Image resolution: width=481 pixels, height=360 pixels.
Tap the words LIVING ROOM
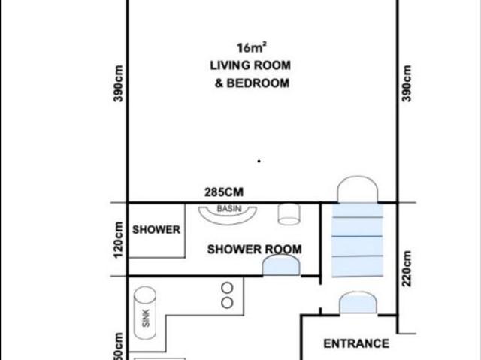[x=250, y=66]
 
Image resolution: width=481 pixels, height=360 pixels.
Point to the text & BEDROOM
[x=252, y=83]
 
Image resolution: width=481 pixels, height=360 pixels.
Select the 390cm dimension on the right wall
[x=407, y=84]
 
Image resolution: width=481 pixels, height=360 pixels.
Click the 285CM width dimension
[x=224, y=193]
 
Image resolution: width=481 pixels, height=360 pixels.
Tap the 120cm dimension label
[x=118, y=240]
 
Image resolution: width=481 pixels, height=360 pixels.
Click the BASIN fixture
[x=228, y=212]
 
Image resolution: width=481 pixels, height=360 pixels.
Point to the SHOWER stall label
[x=156, y=230]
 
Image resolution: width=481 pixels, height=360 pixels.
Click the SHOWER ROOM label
[x=255, y=249]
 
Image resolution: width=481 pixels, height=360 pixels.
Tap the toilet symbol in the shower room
[x=289, y=214]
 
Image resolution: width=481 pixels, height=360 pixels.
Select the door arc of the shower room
[x=281, y=265]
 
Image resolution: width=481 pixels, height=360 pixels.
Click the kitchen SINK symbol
[x=144, y=317]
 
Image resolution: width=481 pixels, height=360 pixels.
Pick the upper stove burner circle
[x=227, y=287]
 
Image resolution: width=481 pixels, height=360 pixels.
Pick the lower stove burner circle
[x=227, y=302]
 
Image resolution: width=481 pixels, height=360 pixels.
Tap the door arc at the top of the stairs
[x=356, y=189]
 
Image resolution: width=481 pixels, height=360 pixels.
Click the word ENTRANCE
[x=356, y=343]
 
